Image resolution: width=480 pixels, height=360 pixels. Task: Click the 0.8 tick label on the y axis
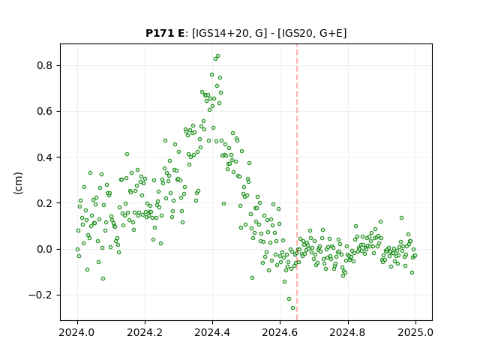[x=45, y=66]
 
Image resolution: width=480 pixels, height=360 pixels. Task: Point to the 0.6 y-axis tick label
[x=45, y=112]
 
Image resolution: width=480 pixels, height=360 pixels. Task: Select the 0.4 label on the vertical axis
[x=45, y=157]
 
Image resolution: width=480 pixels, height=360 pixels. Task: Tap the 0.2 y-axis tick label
[x=45, y=203]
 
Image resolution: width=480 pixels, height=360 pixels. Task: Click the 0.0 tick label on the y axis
[x=45, y=249]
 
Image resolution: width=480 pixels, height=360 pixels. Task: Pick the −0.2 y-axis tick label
[x=41, y=295]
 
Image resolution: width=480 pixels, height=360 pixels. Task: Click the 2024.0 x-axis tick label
[x=77, y=332]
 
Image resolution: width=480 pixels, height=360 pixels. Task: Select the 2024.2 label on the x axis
[x=145, y=332]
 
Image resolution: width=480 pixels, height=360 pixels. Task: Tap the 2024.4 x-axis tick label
[x=212, y=332]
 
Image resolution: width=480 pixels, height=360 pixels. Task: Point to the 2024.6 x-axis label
[x=280, y=332]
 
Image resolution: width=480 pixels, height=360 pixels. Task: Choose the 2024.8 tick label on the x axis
[x=347, y=332]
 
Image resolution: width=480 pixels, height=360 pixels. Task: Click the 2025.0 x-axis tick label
[x=415, y=332]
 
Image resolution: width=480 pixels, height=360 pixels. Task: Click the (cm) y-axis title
[x=18, y=183]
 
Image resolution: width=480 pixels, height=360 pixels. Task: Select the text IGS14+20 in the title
[x=222, y=33]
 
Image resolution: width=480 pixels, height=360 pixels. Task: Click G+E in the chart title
[x=331, y=33]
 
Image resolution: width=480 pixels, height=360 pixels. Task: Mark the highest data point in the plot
[x=217, y=56]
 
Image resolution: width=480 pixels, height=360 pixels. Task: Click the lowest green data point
[x=293, y=308]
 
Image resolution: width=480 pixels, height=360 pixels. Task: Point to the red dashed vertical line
[x=297, y=182]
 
